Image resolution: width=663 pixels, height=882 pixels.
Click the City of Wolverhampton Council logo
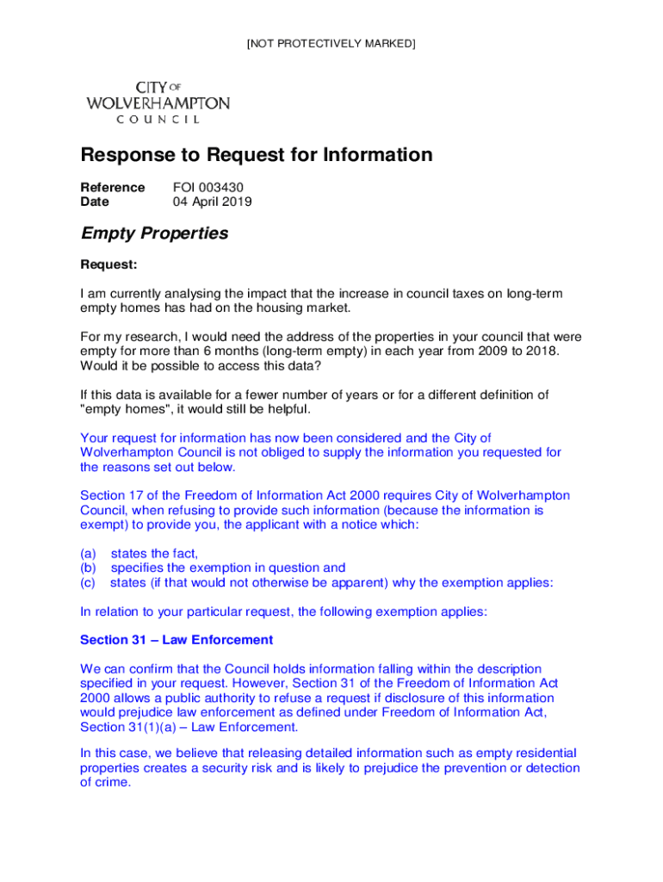coord(158,102)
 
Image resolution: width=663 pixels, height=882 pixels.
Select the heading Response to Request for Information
coord(256,156)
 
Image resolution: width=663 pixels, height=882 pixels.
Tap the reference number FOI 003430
coord(201,188)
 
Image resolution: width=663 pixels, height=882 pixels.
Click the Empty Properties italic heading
coord(154,233)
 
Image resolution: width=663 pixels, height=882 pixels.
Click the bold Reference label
coord(112,188)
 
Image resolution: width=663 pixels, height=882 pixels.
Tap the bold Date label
coord(95,202)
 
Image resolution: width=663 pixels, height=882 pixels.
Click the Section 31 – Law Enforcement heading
coord(177,640)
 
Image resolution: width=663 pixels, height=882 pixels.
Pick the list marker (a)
coord(88,553)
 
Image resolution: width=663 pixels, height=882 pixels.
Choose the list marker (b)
coord(88,568)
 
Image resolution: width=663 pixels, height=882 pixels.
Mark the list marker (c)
coord(88,582)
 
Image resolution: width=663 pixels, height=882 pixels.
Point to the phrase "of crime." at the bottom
coord(105,782)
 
